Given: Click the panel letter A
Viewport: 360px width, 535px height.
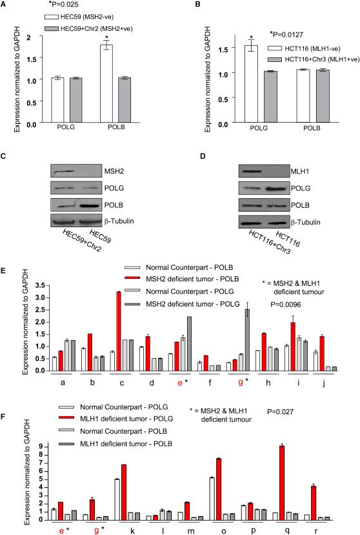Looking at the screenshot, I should pos(5,5).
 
